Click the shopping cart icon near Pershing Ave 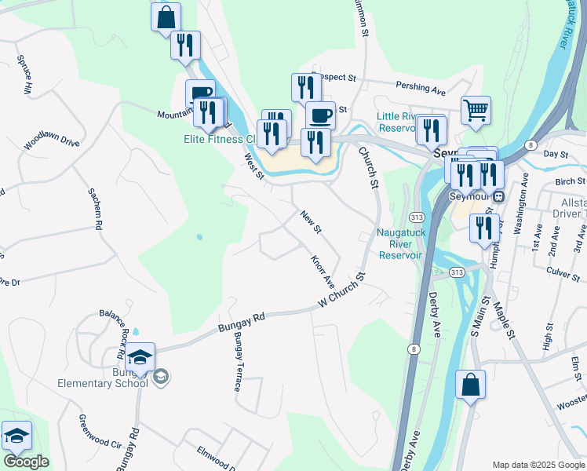(x=476, y=111)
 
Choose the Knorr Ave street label (x=323, y=270)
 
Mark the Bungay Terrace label (x=235, y=362)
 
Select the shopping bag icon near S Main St (x=471, y=385)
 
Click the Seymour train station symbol (x=499, y=196)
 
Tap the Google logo (x=26, y=462)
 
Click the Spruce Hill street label (x=24, y=75)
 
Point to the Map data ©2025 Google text (x=538, y=465)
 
